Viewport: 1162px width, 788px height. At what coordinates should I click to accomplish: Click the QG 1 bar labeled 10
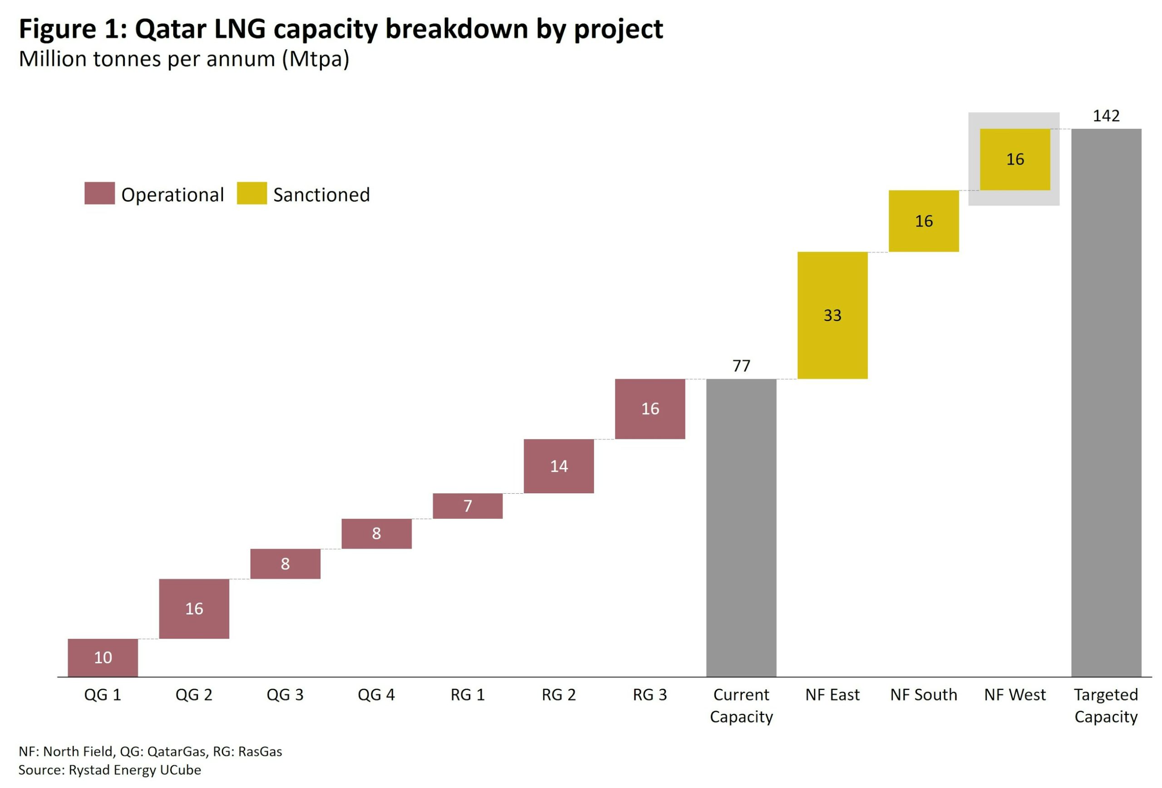click(x=103, y=657)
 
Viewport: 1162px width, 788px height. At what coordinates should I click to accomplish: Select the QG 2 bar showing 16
click(x=194, y=609)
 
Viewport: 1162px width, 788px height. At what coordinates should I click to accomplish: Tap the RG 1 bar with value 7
click(x=468, y=506)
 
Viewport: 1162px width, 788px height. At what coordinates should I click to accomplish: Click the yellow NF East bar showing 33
click(x=832, y=315)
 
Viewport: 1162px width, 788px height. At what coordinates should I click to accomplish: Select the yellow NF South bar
click(x=924, y=221)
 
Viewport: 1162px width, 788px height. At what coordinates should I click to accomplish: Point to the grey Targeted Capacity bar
click(x=1106, y=403)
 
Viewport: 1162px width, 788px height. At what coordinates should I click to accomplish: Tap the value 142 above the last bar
click(x=1106, y=115)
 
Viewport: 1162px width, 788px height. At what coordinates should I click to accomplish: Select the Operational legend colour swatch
click(x=99, y=193)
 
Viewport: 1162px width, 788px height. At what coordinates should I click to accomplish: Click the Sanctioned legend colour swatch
click(x=251, y=193)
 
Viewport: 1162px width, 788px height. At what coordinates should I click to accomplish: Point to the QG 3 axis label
click(x=285, y=694)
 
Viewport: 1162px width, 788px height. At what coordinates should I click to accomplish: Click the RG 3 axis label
click(x=650, y=694)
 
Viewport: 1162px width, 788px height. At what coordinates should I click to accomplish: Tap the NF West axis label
click(x=1014, y=694)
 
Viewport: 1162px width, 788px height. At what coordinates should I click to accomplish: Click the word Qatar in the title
click(x=170, y=29)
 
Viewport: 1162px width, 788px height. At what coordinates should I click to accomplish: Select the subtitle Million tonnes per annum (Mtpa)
click(x=183, y=59)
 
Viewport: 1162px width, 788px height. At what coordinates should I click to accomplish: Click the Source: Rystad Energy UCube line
click(x=109, y=769)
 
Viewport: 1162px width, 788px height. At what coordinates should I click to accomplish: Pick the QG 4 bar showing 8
click(x=376, y=533)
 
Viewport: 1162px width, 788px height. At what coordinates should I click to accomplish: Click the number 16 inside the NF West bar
click(x=1015, y=159)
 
